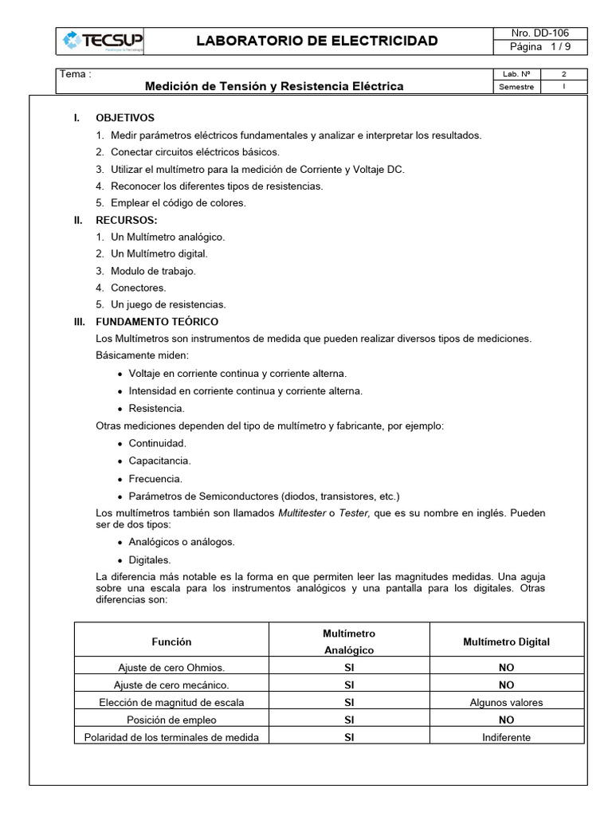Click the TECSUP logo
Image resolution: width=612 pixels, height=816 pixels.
click(x=101, y=41)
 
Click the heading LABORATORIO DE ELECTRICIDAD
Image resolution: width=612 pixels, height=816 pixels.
click(x=317, y=41)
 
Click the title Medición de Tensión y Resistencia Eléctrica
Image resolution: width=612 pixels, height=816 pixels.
click(x=273, y=86)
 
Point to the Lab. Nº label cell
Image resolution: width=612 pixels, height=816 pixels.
click(x=516, y=74)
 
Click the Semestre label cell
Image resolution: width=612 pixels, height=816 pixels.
click(x=516, y=87)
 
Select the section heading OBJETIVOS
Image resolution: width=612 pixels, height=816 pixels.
click(x=125, y=118)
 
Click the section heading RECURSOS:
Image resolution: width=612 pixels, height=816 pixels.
click(x=126, y=220)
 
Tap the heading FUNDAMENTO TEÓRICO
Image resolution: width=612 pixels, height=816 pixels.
click(x=157, y=322)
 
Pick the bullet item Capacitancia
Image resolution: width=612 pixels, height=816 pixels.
click(x=159, y=461)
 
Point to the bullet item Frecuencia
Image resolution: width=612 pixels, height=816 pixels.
click(x=155, y=479)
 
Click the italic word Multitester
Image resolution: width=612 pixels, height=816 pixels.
click(x=301, y=512)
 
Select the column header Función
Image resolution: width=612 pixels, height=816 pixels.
click(x=171, y=641)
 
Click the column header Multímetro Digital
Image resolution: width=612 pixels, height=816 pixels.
click(x=506, y=641)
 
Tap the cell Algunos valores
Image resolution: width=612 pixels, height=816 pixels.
click(x=506, y=702)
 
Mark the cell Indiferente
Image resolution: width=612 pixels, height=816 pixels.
click(x=506, y=737)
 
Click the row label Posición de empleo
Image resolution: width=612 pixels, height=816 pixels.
click(x=171, y=720)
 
